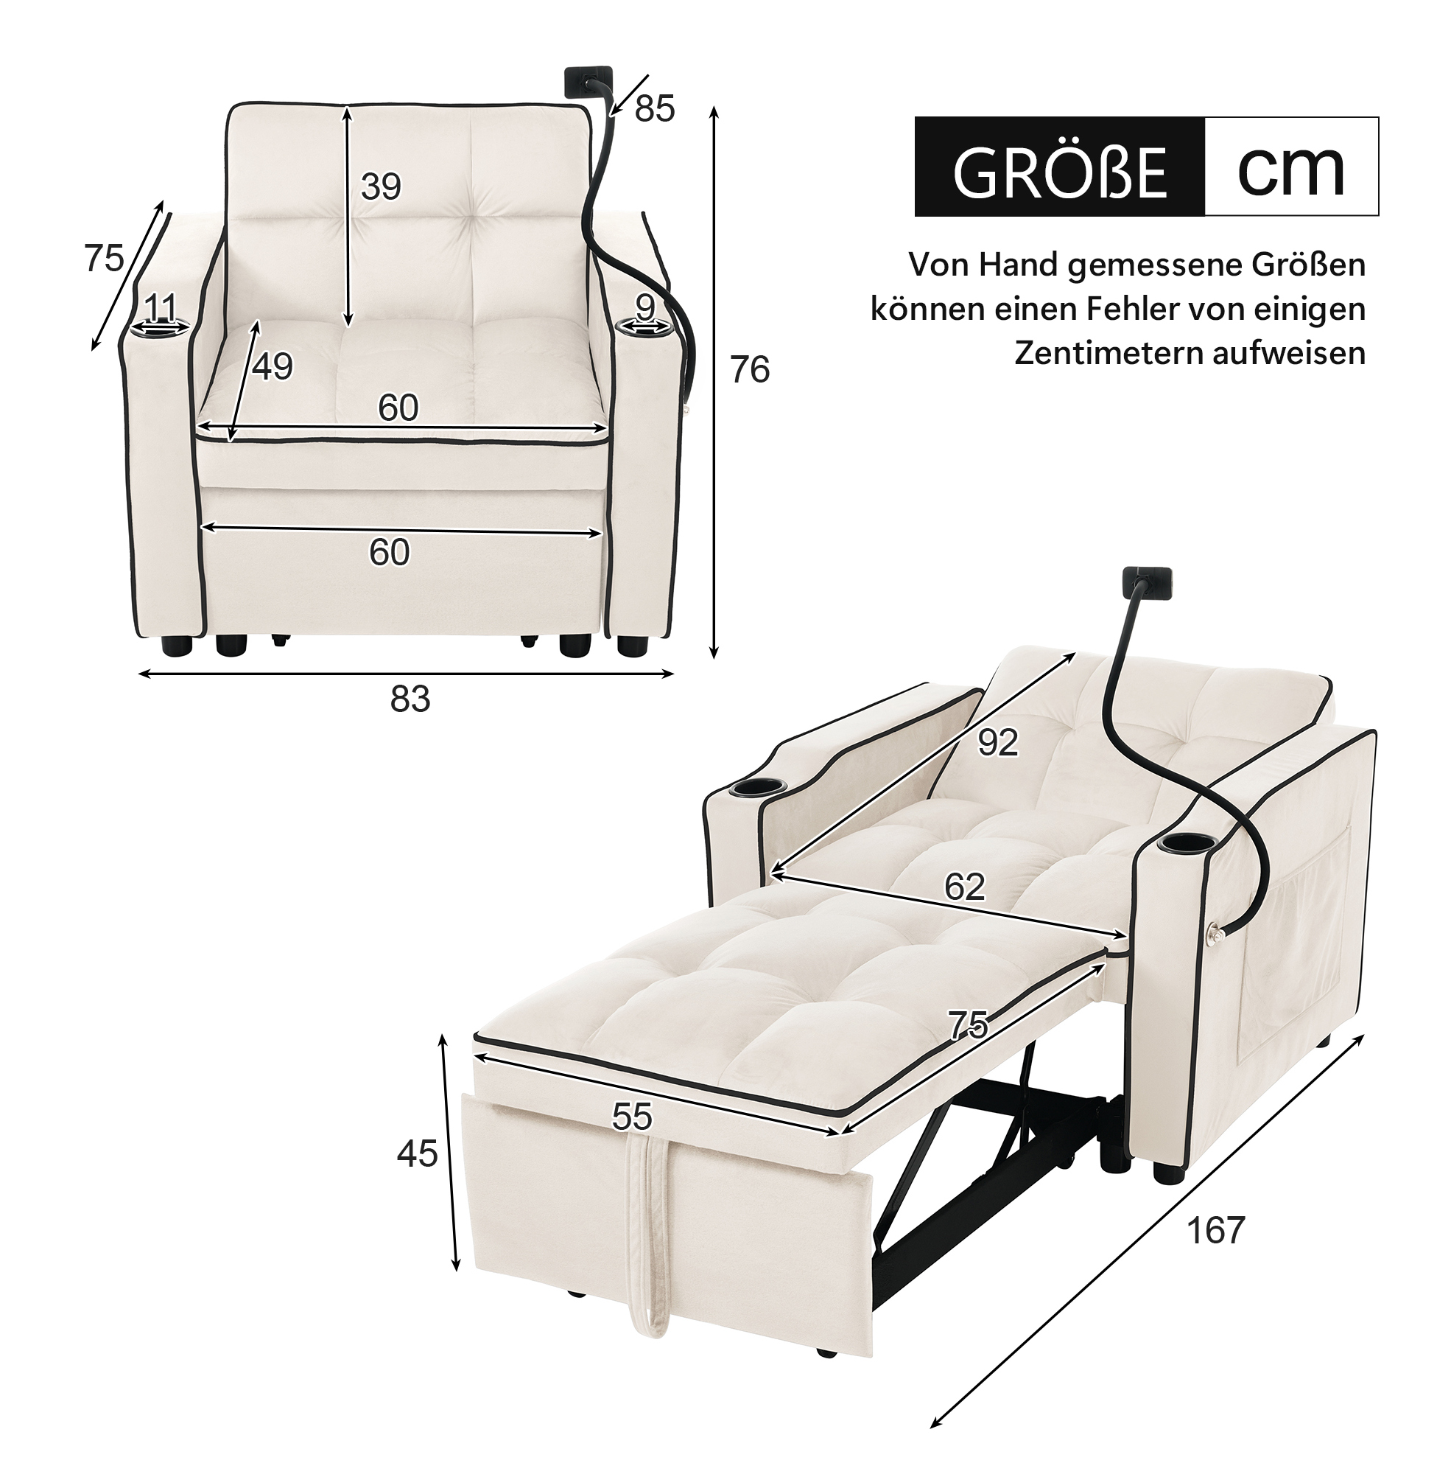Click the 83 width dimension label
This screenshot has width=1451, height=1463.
coord(410,699)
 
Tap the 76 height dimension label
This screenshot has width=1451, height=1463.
coord(749,370)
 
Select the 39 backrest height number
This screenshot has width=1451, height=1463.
coord(381,186)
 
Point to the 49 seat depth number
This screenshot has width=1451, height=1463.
coord(273,367)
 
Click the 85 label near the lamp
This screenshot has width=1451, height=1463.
coord(655,110)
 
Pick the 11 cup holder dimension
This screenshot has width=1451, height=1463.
coord(160,308)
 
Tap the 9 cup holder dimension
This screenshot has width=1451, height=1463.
coord(645,307)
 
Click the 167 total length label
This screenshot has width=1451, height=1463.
coord(1215,1251)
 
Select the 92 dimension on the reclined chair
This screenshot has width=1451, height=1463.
coord(997,743)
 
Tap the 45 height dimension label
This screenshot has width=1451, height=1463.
coord(417,1154)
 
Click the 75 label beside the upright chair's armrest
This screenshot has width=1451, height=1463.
coord(104,259)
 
